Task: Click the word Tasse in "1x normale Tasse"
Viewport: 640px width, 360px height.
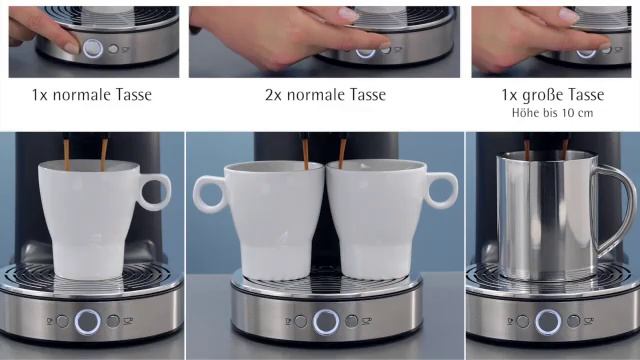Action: point(133,96)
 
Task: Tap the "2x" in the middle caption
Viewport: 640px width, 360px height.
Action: point(277,96)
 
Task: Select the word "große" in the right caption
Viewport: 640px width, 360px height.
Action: point(548,96)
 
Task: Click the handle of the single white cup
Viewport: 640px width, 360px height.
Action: point(155,191)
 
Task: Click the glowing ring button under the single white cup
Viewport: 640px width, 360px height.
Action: point(87,321)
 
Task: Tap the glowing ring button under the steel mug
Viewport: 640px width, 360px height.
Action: point(547,321)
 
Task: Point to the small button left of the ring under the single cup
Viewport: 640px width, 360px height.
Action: point(62,321)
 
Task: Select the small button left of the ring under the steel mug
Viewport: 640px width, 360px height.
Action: point(523,321)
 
